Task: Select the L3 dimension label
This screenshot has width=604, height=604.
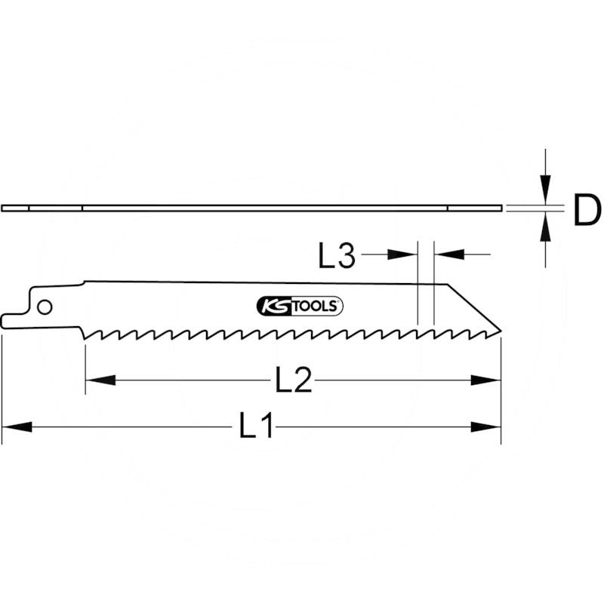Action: pos(336,256)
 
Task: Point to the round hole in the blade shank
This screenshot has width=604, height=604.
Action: pos(44,307)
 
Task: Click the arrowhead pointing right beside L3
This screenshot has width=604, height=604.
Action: pos(402,256)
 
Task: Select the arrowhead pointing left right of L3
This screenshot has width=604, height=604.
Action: pos(448,256)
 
